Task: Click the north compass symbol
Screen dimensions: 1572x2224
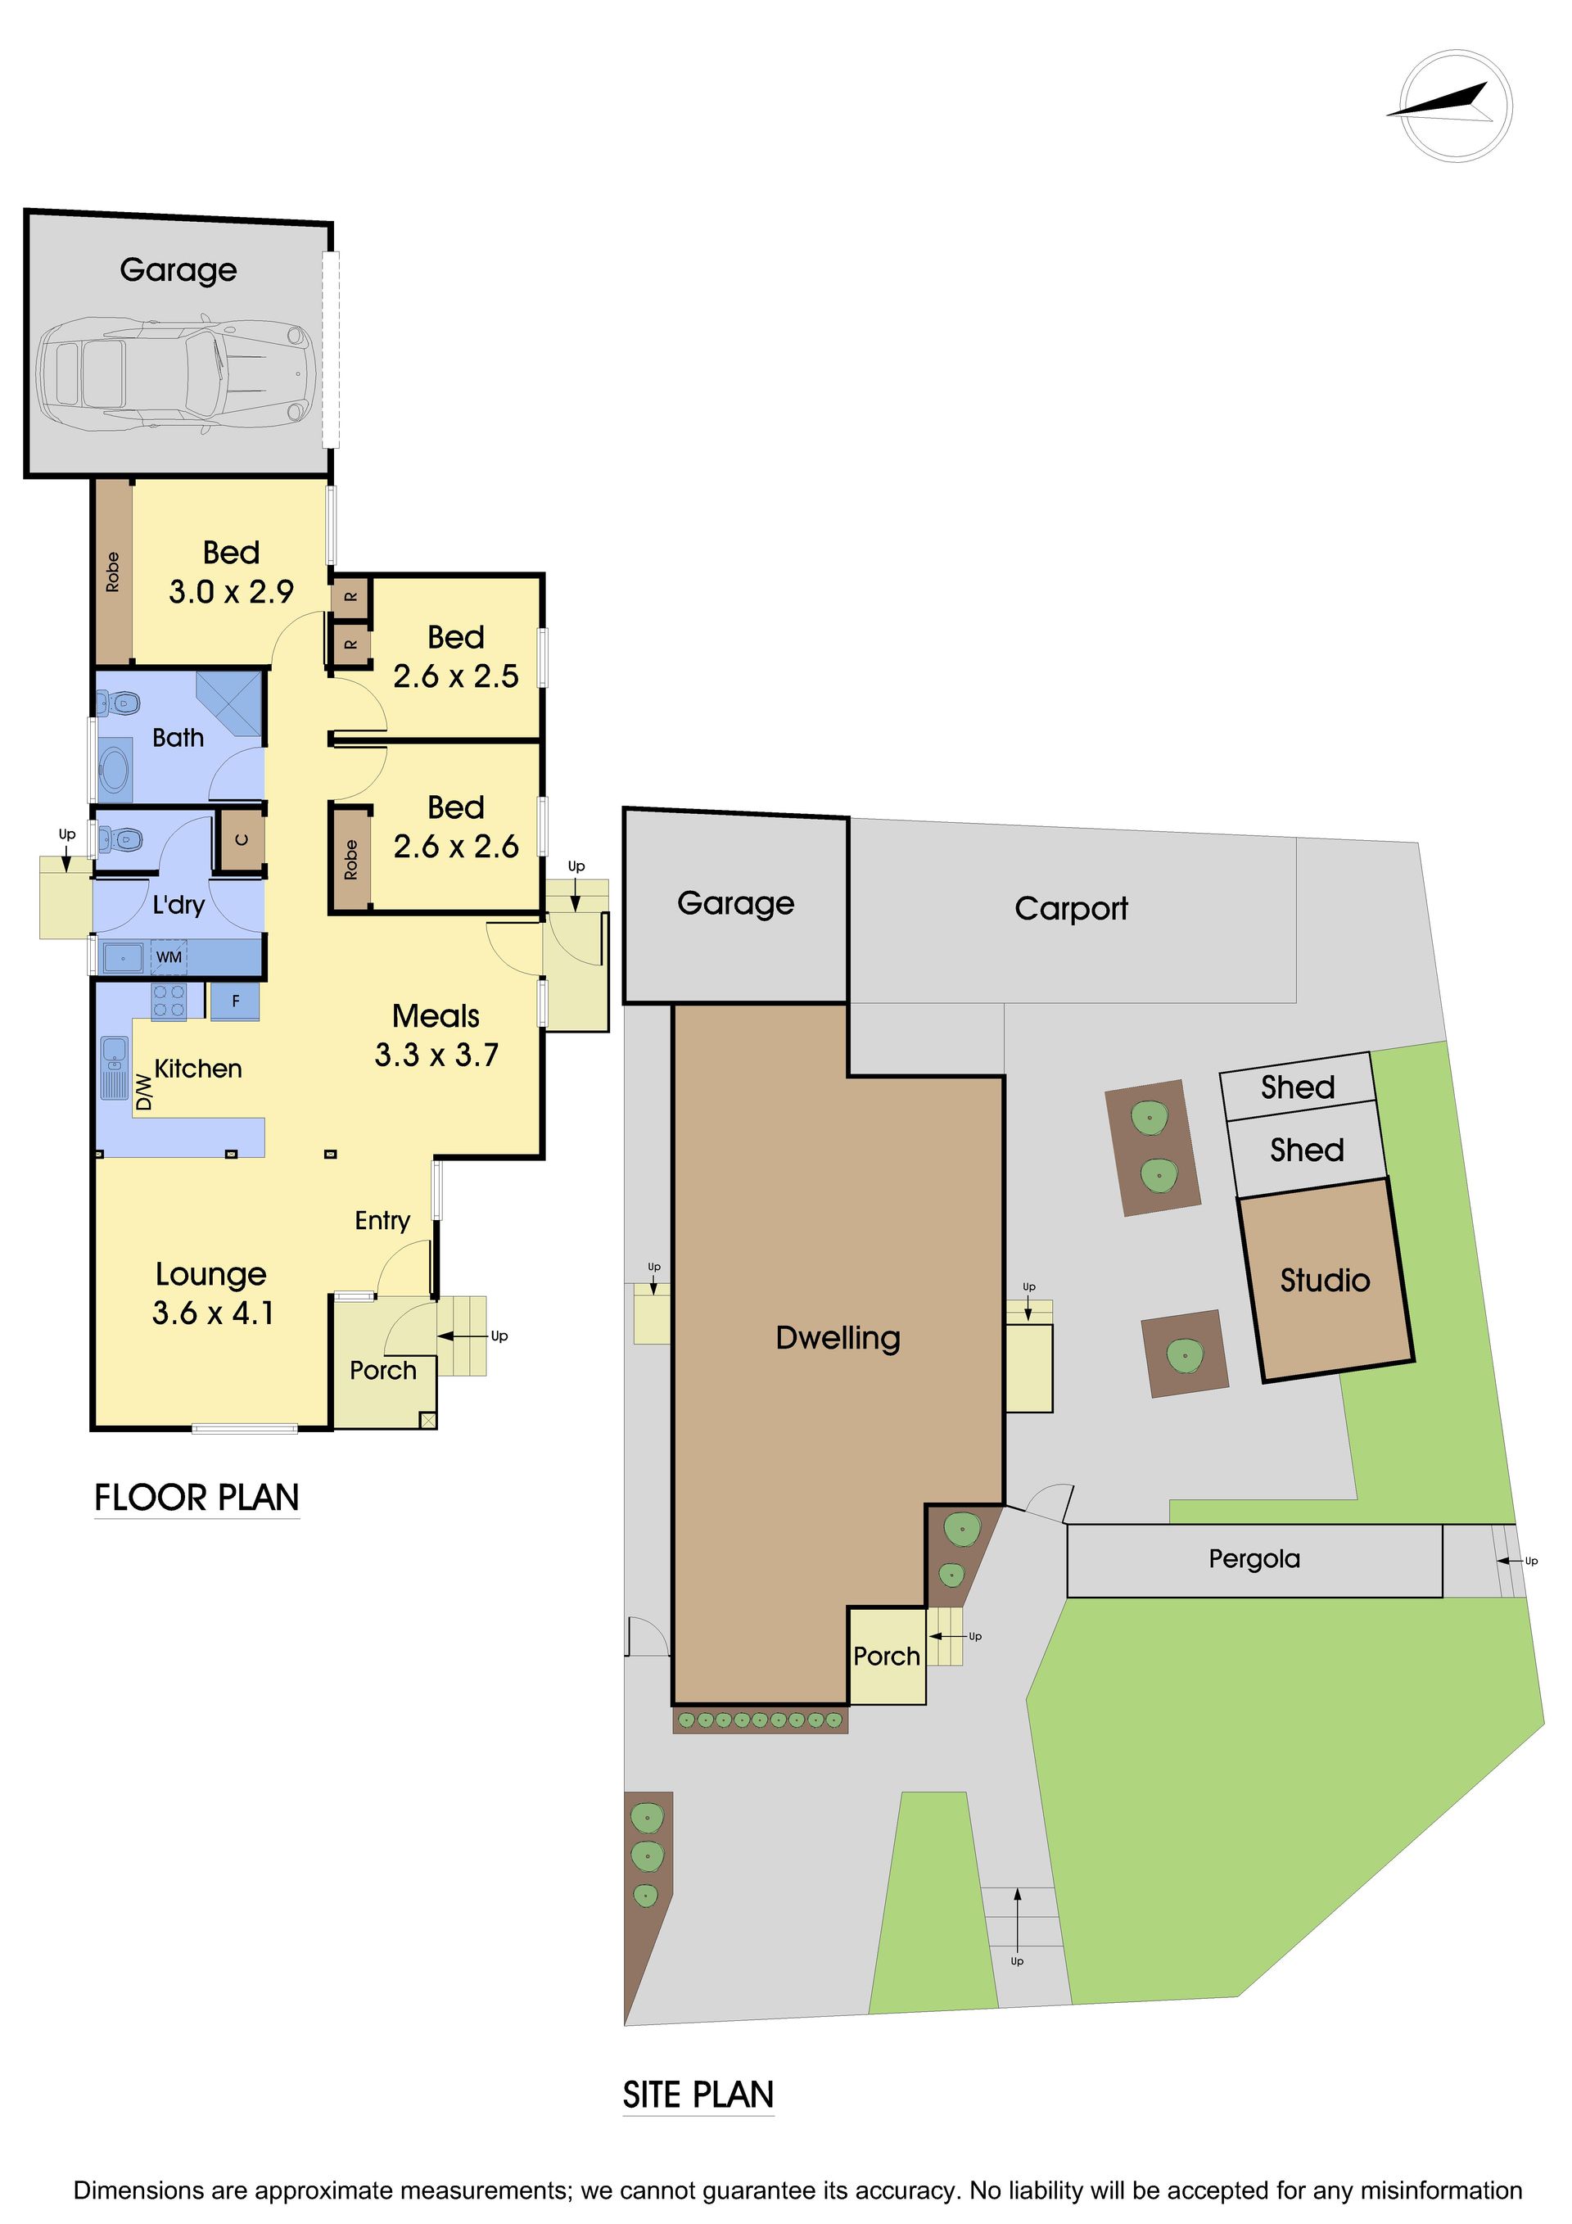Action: tap(1455, 106)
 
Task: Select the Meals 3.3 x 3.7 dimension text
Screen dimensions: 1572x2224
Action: tap(437, 1054)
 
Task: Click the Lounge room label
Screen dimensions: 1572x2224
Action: tap(211, 1275)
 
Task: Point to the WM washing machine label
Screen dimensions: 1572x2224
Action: tap(169, 957)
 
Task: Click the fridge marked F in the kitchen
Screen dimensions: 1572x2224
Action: tap(234, 1001)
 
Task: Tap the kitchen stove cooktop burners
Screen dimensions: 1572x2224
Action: tap(169, 1001)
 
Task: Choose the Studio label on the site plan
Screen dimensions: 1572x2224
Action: tap(1325, 1281)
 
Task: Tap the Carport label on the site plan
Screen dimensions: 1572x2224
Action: tap(1071, 909)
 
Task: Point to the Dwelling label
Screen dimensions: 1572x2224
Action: tap(838, 1339)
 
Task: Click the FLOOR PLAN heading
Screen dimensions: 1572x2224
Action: tap(196, 1498)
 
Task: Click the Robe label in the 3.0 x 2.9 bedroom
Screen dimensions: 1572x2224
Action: tap(113, 572)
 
